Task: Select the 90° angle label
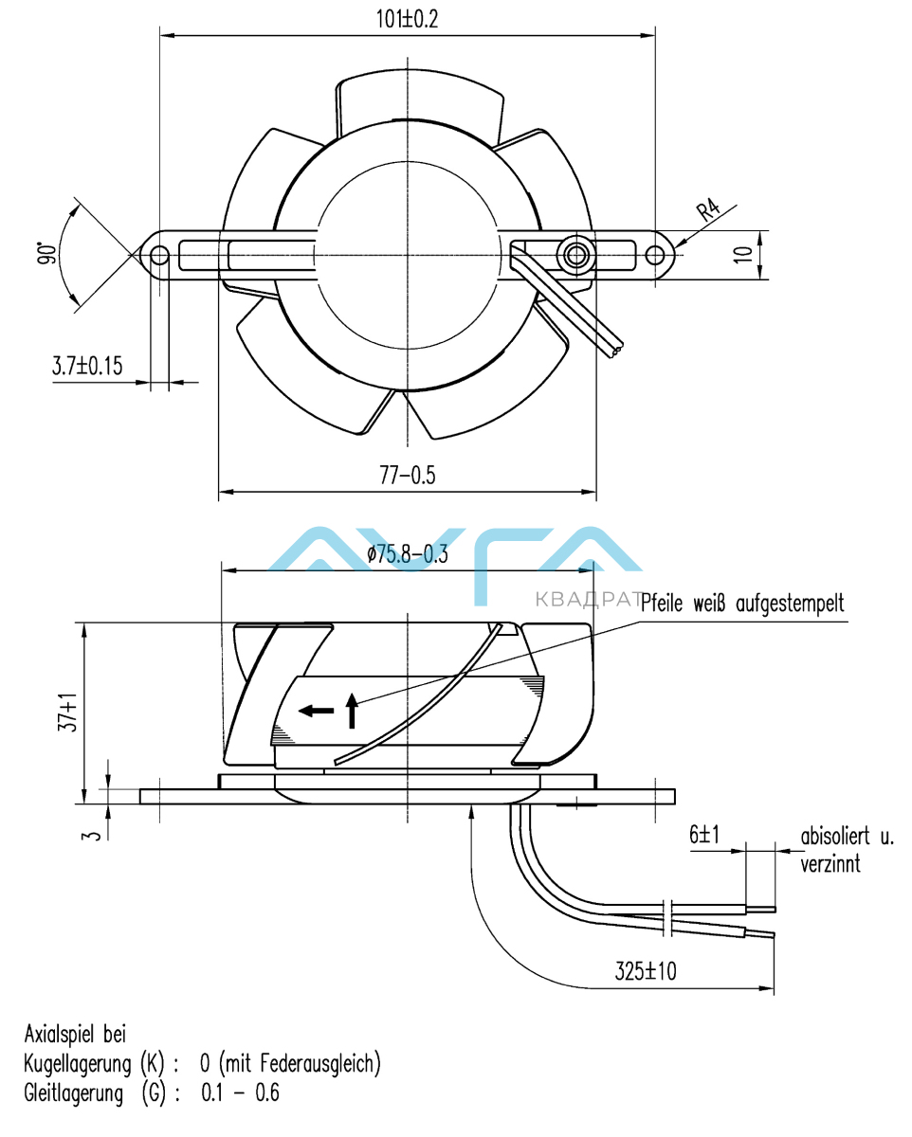[x=45, y=254]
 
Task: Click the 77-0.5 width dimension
[x=407, y=476]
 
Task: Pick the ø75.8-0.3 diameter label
[x=408, y=556]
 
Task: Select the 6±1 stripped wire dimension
[x=704, y=835]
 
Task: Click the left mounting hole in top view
[x=160, y=255]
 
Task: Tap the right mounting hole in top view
[x=655, y=255]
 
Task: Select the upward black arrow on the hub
[x=352, y=710]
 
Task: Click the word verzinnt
[x=831, y=863]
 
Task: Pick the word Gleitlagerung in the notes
[x=73, y=1093]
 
